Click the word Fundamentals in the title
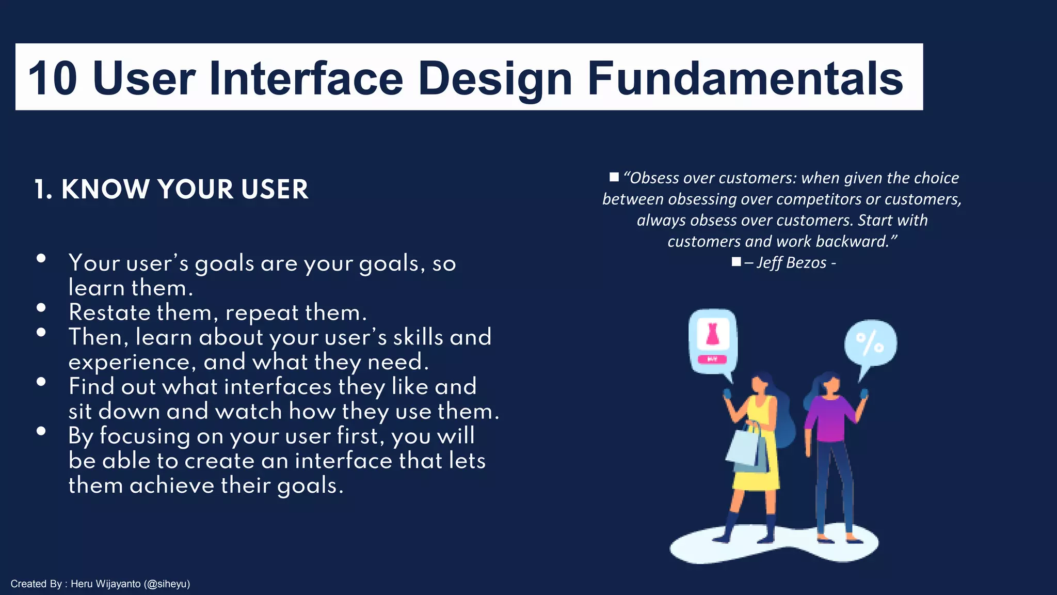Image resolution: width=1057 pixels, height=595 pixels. tap(745, 79)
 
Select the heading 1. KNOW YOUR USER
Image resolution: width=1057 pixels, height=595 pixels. tap(171, 189)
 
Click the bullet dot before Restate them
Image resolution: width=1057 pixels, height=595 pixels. tap(41, 308)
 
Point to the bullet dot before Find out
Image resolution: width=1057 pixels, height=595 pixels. tap(41, 382)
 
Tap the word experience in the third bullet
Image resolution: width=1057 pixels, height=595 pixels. tap(132, 362)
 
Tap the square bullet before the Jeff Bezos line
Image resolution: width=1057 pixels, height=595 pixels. tap(736, 262)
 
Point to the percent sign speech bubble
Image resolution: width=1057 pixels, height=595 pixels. tap(870, 343)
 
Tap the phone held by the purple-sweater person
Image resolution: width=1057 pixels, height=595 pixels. tap(864, 394)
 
